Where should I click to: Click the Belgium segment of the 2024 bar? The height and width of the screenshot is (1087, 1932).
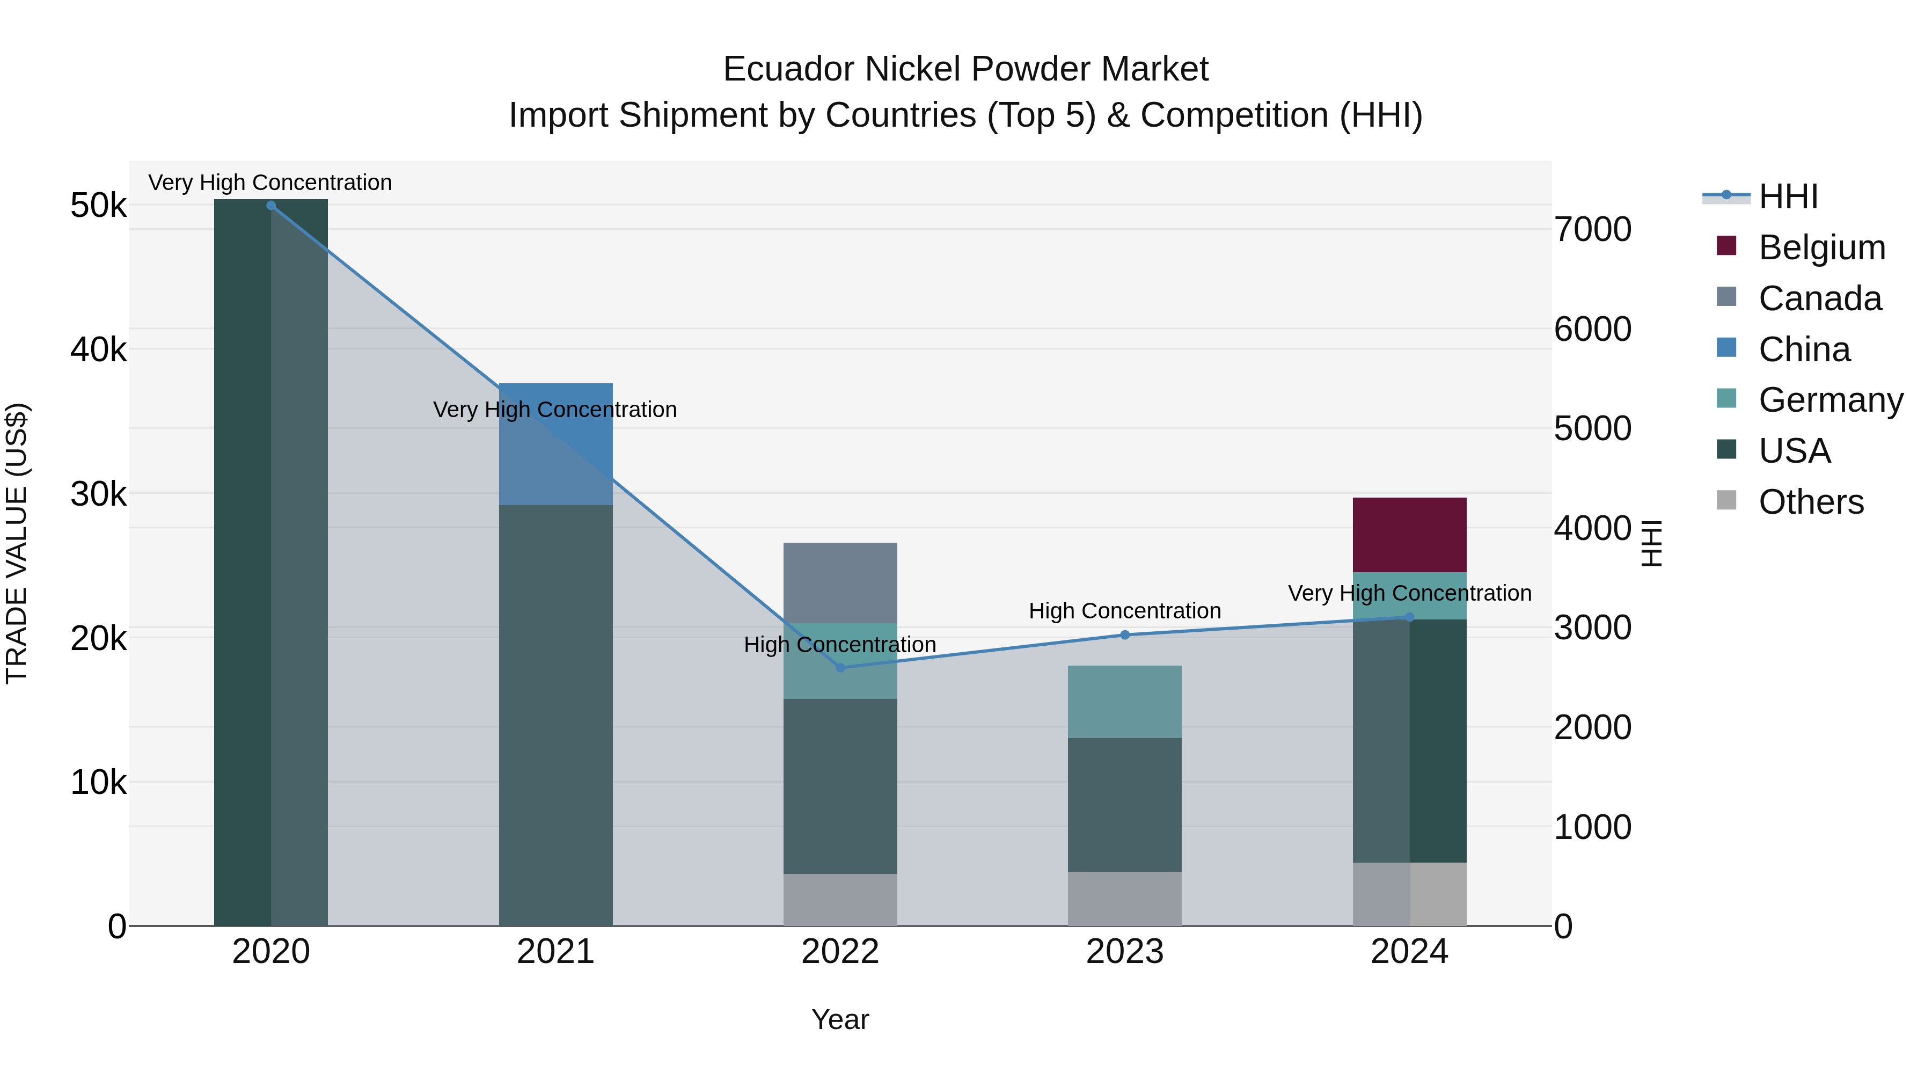[x=1409, y=534]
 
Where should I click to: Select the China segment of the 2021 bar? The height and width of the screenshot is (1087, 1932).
[x=556, y=444]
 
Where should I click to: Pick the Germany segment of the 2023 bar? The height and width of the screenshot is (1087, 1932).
[x=1124, y=702]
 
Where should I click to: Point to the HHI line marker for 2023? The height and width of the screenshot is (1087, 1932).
[x=1124, y=634]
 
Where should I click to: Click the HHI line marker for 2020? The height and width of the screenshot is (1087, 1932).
[x=271, y=205]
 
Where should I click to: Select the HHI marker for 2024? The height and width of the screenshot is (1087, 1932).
[x=1409, y=617]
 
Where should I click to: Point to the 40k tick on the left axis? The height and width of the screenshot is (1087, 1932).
[x=98, y=349]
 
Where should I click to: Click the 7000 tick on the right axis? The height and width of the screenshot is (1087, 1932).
[x=1592, y=230]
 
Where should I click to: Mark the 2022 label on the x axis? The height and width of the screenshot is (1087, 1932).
[x=840, y=951]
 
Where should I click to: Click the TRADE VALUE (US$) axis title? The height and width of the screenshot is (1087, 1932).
[x=17, y=543]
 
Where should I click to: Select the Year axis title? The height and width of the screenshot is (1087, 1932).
[x=840, y=1019]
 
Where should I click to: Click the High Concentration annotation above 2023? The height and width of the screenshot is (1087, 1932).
[x=1124, y=611]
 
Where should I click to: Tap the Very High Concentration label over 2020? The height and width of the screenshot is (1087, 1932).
[x=270, y=183]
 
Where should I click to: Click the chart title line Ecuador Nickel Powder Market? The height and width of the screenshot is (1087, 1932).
[x=965, y=69]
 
